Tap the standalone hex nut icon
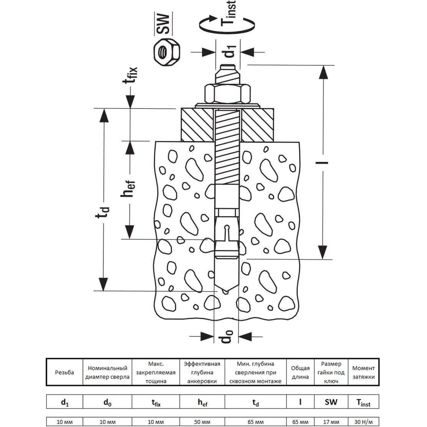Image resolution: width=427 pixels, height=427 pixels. click(167, 52)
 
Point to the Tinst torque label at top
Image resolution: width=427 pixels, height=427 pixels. click(228, 13)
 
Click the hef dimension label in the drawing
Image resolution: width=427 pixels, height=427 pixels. click(128, 188)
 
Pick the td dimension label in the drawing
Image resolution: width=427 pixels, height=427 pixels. click(102, 212)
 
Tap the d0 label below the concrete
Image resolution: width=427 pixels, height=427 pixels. click(226, 336)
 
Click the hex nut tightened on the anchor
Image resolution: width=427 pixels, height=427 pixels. click(228, 94)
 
